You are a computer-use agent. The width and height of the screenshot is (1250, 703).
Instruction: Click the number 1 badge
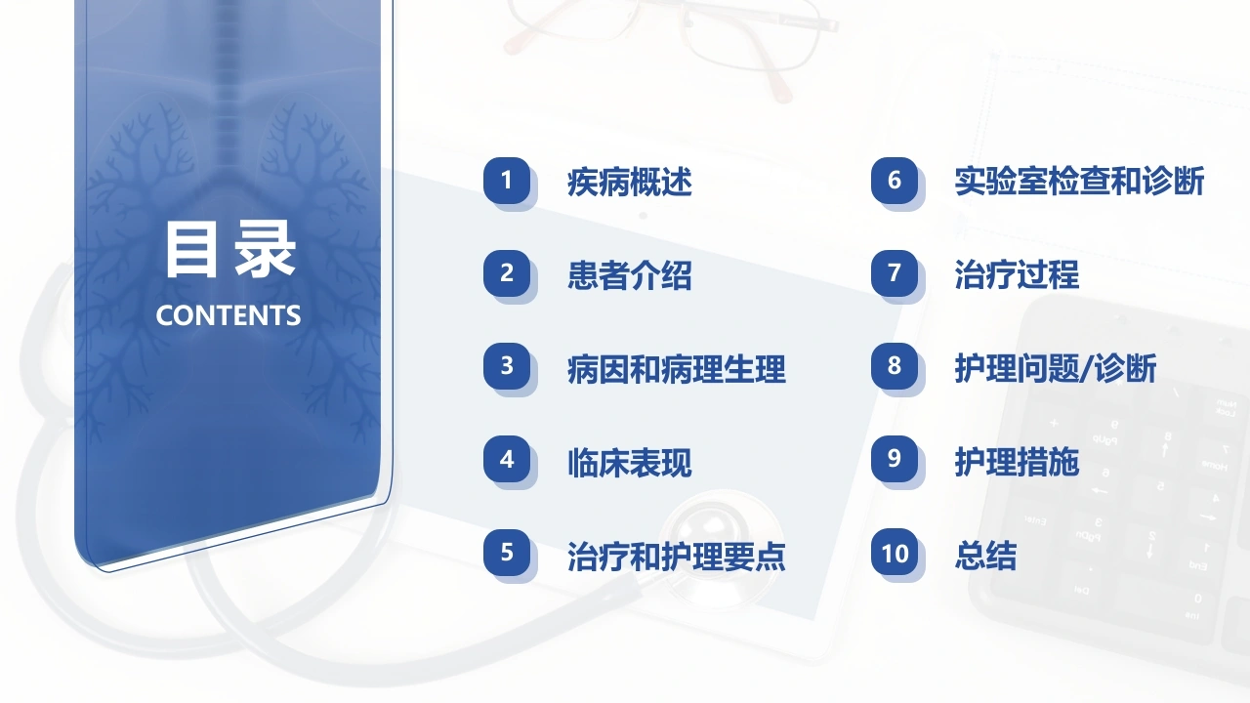point(507,181)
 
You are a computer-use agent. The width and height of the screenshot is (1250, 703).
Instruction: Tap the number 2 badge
point(507,272)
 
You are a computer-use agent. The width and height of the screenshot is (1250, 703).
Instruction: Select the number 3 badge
point(507,366)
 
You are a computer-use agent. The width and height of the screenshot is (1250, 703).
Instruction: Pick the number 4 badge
point(507,459)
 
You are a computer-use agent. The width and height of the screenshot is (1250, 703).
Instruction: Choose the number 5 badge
point(507,553)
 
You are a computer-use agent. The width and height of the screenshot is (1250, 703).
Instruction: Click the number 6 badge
point(895,181)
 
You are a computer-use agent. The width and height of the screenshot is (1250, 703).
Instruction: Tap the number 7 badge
point(895,272)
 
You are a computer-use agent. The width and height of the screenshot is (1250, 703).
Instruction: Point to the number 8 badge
point(895,366)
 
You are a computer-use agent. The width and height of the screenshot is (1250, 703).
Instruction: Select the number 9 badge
point(895,459)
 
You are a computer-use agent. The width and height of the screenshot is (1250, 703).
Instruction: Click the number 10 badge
point(895,553)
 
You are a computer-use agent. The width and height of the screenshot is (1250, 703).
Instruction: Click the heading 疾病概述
point(630,182)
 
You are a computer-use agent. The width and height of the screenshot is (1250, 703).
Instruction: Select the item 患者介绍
point(630,275)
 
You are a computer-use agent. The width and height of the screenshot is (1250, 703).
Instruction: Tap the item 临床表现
point(630,463)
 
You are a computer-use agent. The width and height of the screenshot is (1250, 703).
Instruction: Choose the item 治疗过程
point(1017,274)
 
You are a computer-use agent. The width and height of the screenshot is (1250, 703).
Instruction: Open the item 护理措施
point(1017,462)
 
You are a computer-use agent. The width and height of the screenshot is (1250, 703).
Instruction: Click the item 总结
point(985,556)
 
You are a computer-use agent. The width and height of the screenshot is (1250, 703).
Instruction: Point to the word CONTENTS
point(229,315)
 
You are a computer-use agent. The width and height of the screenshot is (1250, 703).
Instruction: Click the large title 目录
point(229,249)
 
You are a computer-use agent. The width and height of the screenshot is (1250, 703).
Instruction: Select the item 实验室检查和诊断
point(1079,182)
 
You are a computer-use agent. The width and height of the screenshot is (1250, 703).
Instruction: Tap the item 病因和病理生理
point(677,369)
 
